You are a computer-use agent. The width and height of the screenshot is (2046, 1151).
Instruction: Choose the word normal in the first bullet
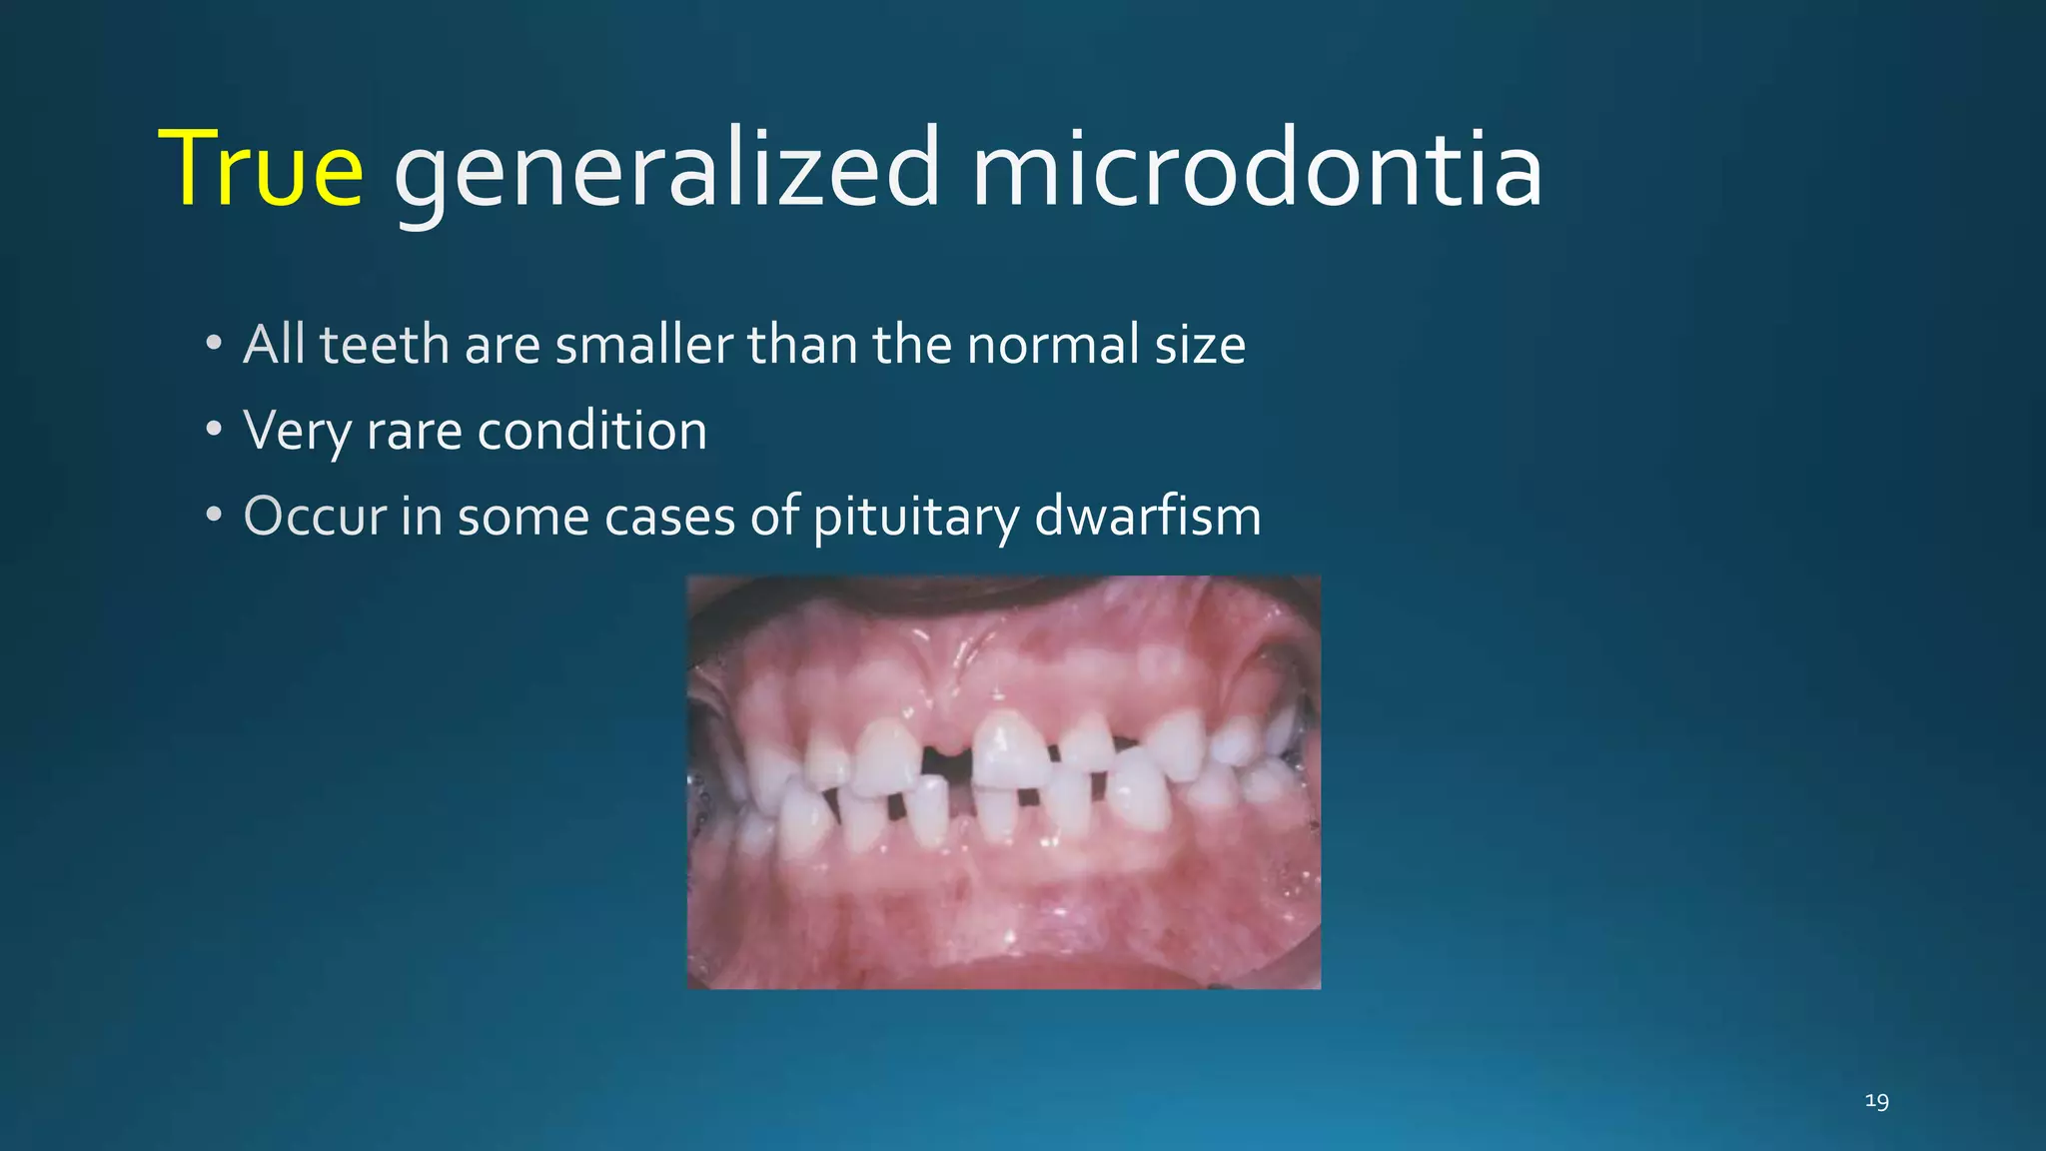[1053, 345]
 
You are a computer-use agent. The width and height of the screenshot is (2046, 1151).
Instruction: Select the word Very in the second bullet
[297, 432]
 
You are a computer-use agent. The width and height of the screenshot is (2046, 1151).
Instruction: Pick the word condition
[591, 432]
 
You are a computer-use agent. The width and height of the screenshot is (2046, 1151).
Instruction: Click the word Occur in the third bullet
[315, 517]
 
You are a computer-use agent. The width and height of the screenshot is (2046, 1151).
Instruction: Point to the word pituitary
[915, 518]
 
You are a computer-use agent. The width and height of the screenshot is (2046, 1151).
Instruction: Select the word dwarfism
[1147, 517]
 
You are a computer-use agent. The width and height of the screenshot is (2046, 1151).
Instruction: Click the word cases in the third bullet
[669, 518]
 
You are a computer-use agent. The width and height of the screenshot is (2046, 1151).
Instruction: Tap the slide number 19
[1876, 1101]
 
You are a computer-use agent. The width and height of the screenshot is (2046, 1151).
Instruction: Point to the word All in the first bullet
[274, 345]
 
